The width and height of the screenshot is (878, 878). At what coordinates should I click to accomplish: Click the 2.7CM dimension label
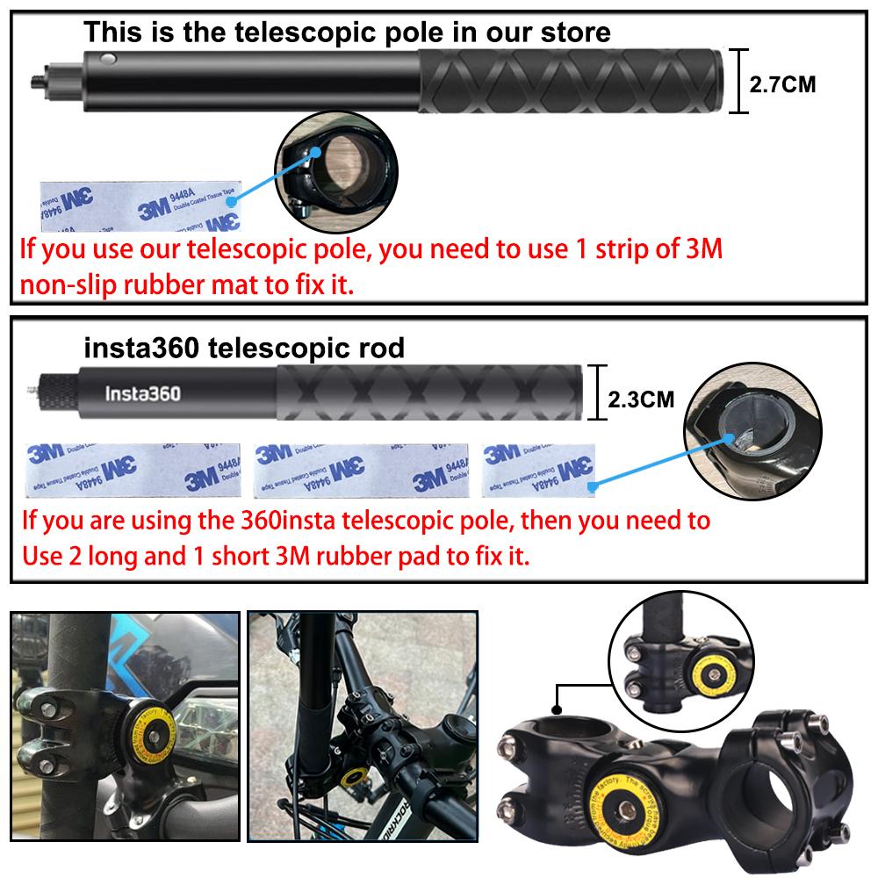(782, 84)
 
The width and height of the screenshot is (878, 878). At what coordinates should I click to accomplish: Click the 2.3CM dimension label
(641, 400)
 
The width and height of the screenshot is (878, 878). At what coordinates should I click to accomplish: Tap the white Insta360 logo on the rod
(143, 392)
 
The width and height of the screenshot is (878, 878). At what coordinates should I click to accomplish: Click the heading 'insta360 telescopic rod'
(244, 349)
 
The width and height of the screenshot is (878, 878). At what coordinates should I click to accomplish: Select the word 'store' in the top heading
(571, 33)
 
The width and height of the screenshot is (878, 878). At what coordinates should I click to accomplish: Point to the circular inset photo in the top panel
(337, 167)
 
